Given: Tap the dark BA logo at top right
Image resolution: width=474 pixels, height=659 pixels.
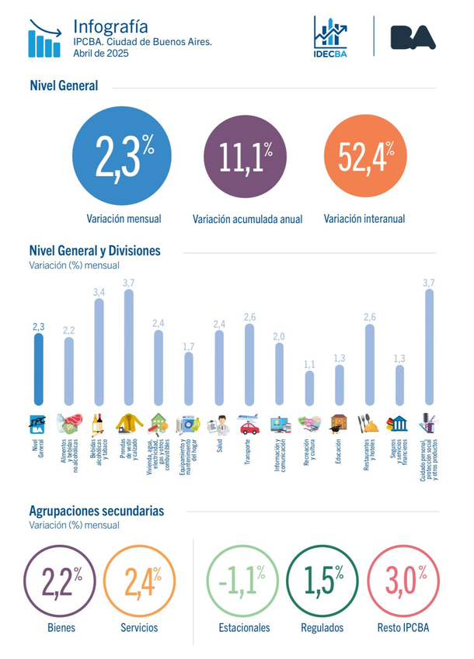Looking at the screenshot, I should tap(413, 36).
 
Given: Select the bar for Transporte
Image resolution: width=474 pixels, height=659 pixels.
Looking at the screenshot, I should tap(249, 365).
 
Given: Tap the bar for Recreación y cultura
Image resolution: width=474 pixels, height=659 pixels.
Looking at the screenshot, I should tap(309, 388).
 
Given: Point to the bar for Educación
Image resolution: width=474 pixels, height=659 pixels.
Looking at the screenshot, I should tap(339, 385).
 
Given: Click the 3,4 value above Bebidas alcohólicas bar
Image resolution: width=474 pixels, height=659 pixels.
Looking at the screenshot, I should tap(99, 292).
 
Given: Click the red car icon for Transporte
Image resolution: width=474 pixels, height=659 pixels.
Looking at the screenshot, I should tap(249, 425).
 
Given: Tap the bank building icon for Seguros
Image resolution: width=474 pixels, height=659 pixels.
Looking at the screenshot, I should tap(399, 424).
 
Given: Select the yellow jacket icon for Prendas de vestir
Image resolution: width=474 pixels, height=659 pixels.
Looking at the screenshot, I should tap(129, 424).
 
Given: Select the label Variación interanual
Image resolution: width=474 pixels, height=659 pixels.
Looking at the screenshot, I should tap(364, 219).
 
